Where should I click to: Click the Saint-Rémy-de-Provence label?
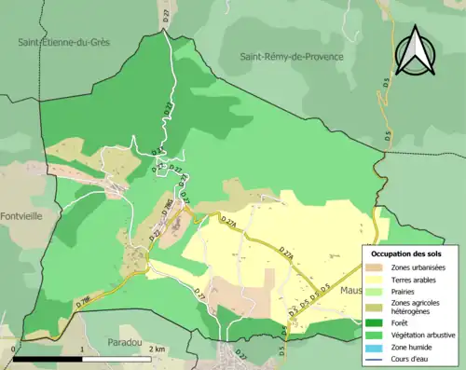point(291,57)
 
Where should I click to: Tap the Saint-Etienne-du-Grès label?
point(63,43)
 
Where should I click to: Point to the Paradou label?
point(124,341)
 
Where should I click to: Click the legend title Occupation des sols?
point(407,254)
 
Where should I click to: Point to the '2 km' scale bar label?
point(158,349)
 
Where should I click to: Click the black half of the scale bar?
point(48,359)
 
